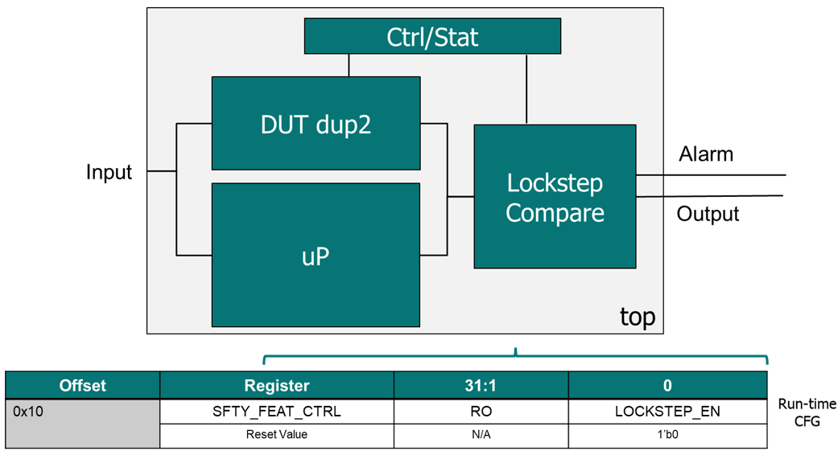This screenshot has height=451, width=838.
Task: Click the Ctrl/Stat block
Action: [x=432, y=36]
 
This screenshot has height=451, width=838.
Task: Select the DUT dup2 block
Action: [x=316, y=124]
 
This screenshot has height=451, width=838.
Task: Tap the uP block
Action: [x=316, y=256]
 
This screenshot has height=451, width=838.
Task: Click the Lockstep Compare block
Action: [x=555, y=197]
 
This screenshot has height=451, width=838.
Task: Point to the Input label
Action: [x=109, y=172]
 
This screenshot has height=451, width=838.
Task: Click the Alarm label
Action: [x=706, y=154]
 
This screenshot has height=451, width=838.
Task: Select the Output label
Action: [x=708, y=214]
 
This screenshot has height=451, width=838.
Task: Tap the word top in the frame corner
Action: [x=637, y=316]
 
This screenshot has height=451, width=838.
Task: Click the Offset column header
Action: [x=83, y=386]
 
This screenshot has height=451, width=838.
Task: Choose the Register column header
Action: [x=277, y=386]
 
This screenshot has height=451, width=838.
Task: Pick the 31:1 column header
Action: [x=481, y=386]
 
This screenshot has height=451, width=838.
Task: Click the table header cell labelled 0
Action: [x=667, y=386]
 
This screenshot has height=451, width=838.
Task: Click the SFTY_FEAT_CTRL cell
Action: [x=277, y=412]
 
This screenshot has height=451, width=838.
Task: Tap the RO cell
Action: [x=481, y=412]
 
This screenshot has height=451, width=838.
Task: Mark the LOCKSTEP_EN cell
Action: [x=667, y=412]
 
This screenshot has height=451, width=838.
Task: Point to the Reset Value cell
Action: [x=277, y=435]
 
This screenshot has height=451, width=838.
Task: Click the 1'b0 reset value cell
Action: [x=667, y=435]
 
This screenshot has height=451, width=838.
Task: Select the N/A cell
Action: [x=481, y=435]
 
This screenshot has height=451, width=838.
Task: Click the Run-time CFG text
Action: [x=806, y=412]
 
